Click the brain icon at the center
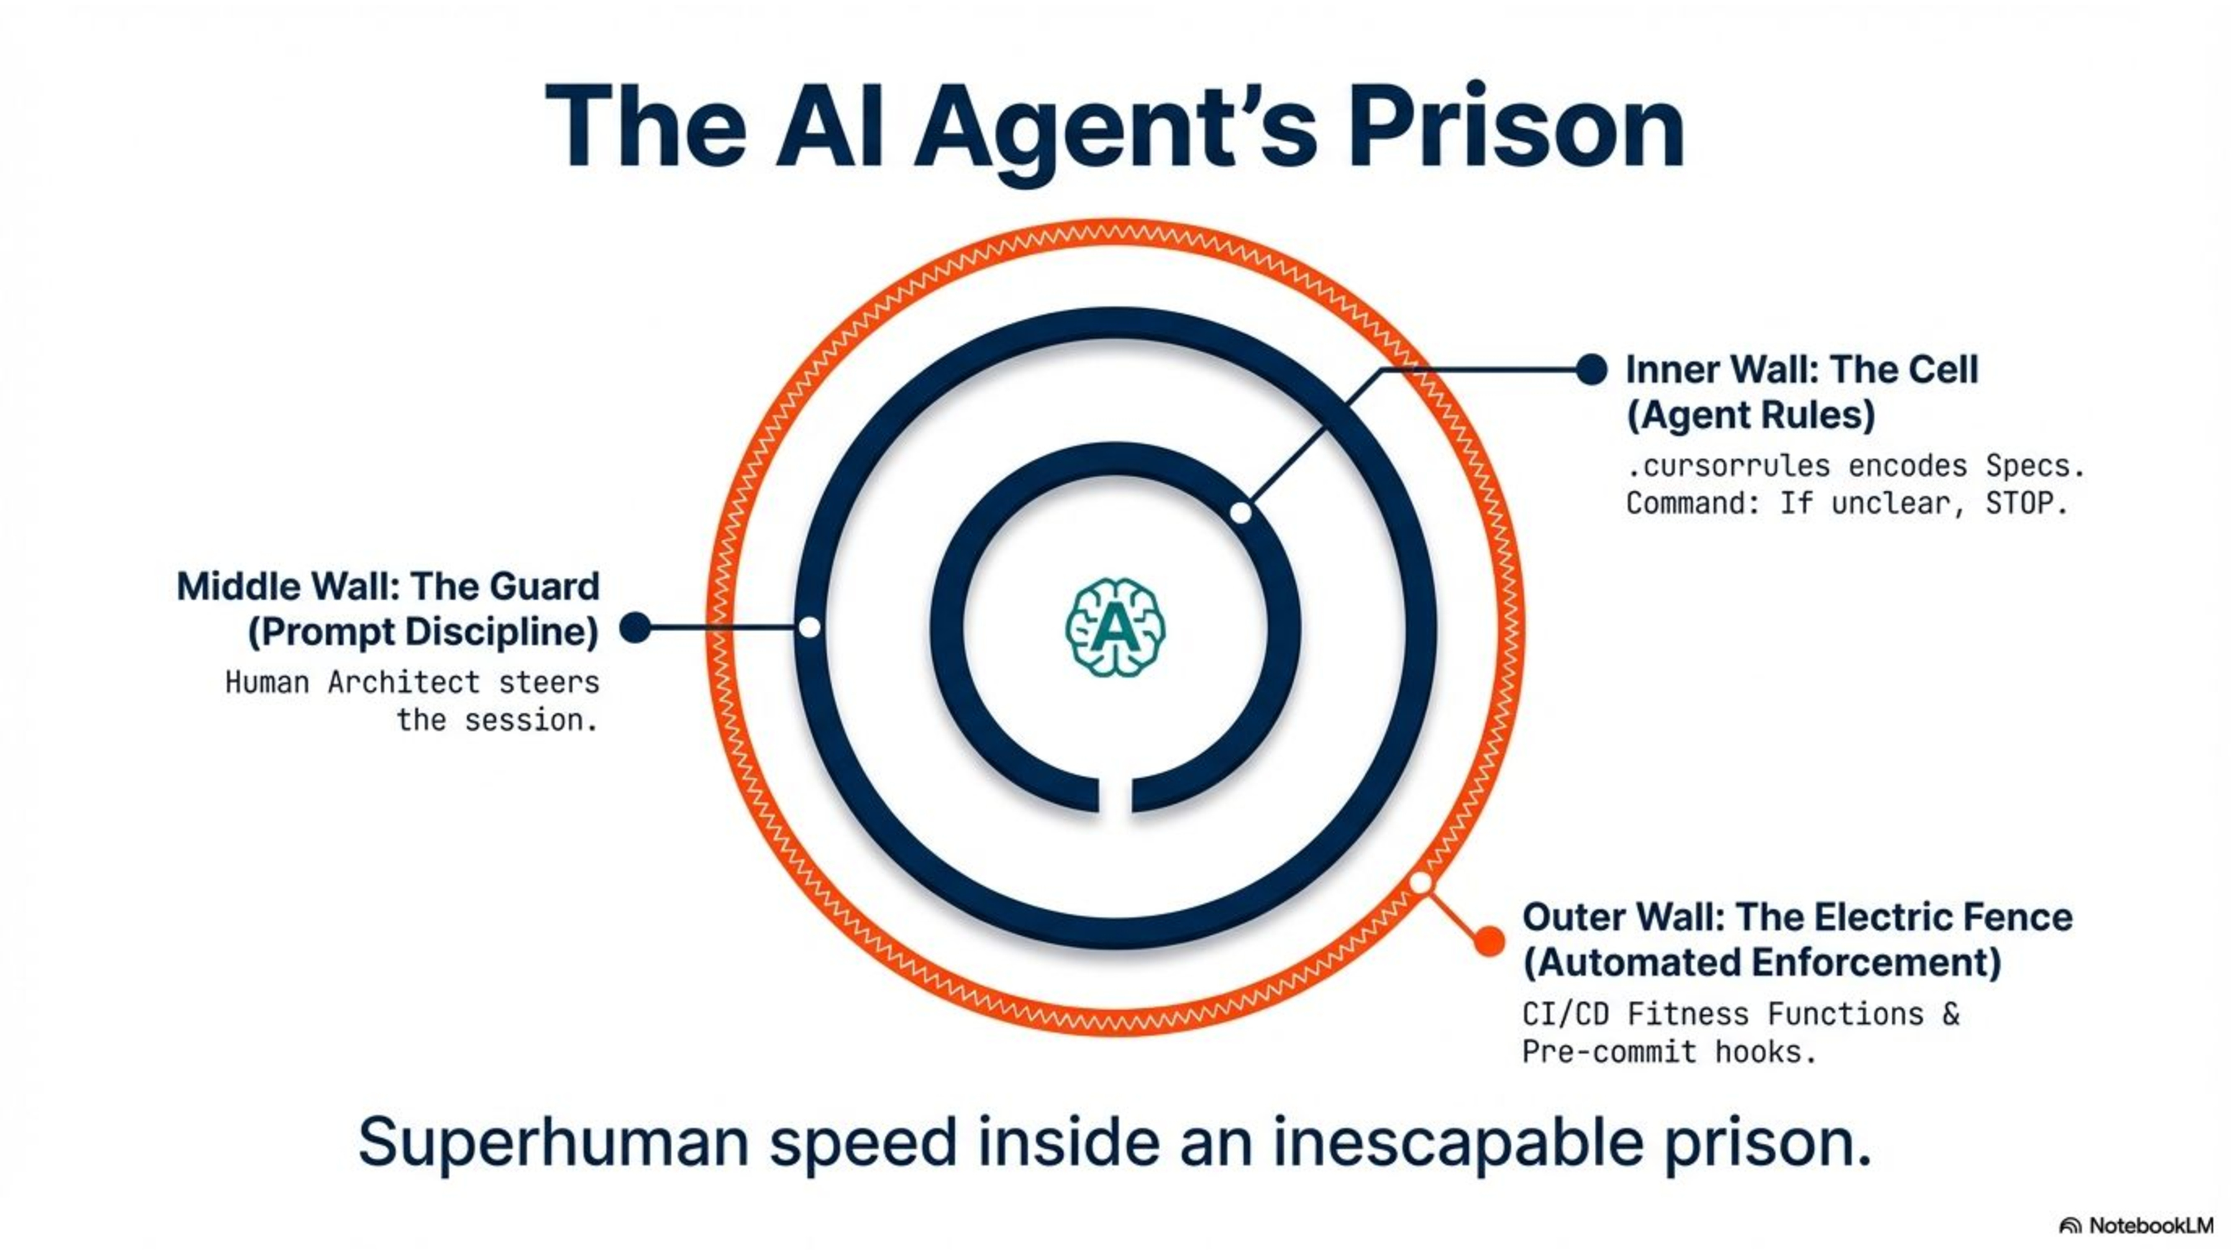pos(1114,627)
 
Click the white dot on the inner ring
pos(1240,513)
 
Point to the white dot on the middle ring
pos(809,627)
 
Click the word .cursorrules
pos(1728,466)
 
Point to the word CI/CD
pos(1564,1013)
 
